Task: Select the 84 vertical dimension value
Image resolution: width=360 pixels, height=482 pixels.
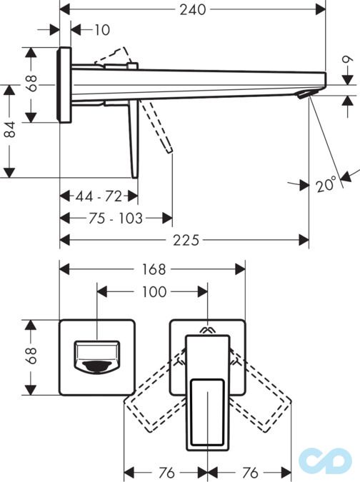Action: [x=9, y=131]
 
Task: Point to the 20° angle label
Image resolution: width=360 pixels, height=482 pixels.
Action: [x=326, y=184]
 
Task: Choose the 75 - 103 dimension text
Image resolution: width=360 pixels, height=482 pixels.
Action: [x=115, y=218]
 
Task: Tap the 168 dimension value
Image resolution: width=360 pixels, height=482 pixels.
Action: [x=153, y=269]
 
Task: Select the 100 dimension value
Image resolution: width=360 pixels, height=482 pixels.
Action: [x=154, y=291]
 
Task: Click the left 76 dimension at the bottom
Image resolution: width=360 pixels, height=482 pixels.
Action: [x=166, y=473]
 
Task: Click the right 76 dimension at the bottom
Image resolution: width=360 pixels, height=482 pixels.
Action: [x=249, y=473]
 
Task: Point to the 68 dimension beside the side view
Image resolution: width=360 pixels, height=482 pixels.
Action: [x=31, y=84]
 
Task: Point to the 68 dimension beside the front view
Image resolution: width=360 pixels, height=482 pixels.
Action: [x=31, y=356]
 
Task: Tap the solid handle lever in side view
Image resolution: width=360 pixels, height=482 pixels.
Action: [x=133, y=139]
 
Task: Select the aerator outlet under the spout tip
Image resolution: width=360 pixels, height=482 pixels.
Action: [x=306, y=96]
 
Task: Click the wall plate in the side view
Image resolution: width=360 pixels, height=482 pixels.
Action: [x=64, y=86]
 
